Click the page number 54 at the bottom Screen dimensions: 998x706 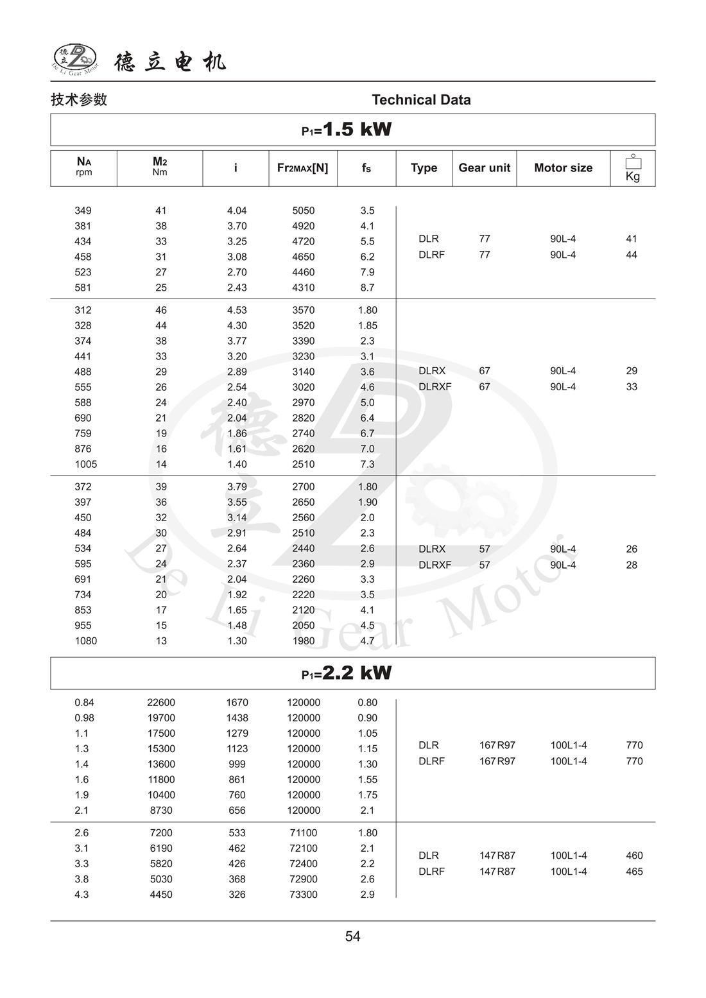tap(352, 936)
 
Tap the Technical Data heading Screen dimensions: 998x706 tap(421, 99)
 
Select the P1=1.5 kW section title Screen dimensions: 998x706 tap(347, 130)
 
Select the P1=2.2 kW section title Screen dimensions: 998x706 tap(347, 673)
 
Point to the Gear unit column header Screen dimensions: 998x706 tap(484, 168)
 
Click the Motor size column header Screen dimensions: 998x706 tap(563, 168)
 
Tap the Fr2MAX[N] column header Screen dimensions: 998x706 tap(302, 168)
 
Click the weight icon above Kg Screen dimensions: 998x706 tap(633, 162)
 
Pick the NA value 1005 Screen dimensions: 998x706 tap(86, 464)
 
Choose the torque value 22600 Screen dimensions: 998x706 tap(161, 703)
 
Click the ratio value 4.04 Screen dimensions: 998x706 tap(237, 211)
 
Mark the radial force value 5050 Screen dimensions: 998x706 tap(304, 211)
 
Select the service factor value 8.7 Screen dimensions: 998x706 tap(367, 288)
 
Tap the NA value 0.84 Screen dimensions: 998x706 tap(84, 703)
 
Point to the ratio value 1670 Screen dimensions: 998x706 tap(237, 703)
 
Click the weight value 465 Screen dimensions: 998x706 tap(634, 872)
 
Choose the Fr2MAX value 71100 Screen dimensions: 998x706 tap(304, 833)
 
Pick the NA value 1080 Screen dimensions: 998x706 tap(86, 641)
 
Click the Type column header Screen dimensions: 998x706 tap(424, 168)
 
